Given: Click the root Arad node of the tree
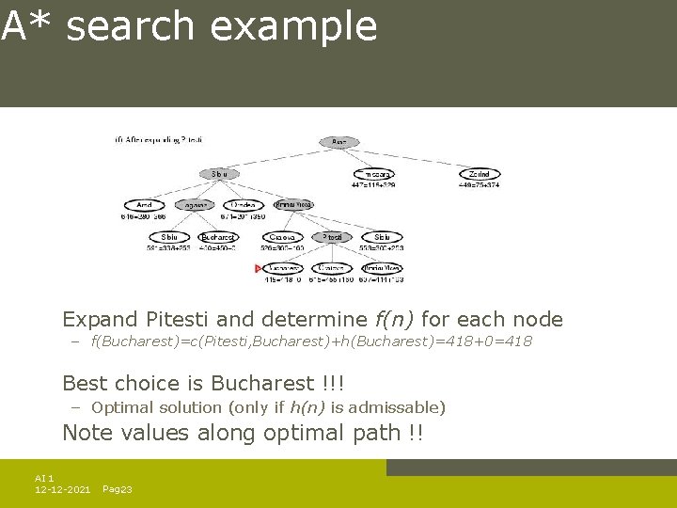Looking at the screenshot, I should click(x=339, y=142).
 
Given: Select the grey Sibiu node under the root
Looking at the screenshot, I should click(x=218, y=174).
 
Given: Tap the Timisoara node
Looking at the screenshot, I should click(x=374, y=174).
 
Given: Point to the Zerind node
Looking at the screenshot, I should click(x=480, y=174).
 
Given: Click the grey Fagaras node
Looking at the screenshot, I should click(x=193, y=204).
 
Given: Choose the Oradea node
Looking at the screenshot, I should click(x=244, y=204).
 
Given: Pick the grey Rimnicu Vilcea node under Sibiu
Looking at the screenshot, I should click(x=293, y=204).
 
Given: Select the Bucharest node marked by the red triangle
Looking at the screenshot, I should click(x=283, y=268).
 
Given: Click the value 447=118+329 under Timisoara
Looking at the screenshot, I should click(x=374, y=185).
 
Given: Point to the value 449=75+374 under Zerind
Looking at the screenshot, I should click(x=480, y=185).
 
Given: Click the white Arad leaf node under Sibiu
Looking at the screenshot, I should click(x=143, y=204).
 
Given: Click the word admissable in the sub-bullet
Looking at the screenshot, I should click(x=400, y=407).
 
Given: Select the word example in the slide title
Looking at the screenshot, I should click(x=293, y=26).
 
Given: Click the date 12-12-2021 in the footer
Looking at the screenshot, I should click(x=62, y=490).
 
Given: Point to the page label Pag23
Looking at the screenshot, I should click(x=117, y=490).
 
